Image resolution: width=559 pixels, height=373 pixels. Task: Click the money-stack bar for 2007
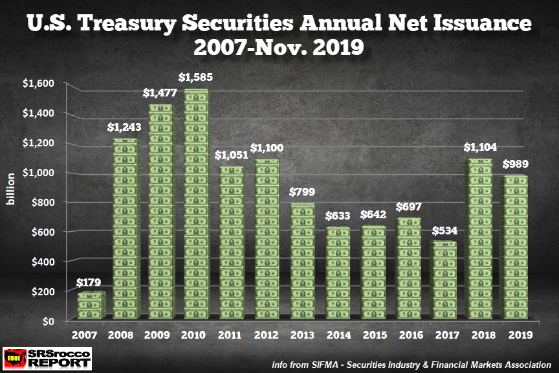[x=92, y=306]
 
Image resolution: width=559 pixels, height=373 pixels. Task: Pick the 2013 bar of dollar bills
[x=301, y=262]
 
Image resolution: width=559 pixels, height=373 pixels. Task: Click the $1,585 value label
[x=197, y=78]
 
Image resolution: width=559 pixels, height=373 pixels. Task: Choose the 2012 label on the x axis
[x=267, y=335]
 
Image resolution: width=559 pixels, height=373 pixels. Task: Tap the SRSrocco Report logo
[x=47, y=357]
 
